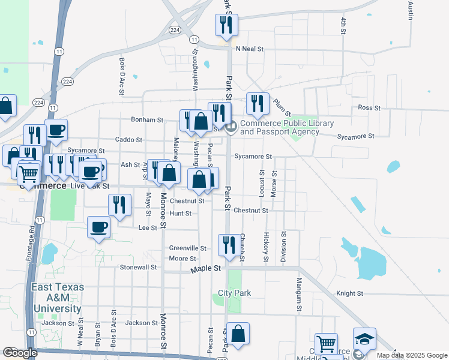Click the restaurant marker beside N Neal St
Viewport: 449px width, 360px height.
coord(227,25)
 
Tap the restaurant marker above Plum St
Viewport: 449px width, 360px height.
coord(258,104)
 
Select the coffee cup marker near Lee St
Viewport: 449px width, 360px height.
coord(99,227)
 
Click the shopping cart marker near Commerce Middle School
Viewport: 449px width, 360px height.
coord(326,344)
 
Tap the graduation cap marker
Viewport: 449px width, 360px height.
coord(364,339)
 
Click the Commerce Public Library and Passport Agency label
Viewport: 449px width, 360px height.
coord(287,127)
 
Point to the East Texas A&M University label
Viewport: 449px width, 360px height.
coord(57,298)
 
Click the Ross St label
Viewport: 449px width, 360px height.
coord(366,107)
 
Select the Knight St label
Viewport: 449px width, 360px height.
coord(350,294)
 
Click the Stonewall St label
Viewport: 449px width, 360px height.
coord(138,267)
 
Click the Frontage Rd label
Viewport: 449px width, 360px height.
coord(31,242)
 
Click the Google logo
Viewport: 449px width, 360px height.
coord(20,353)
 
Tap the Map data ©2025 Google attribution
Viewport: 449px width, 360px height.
coord(411,355)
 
